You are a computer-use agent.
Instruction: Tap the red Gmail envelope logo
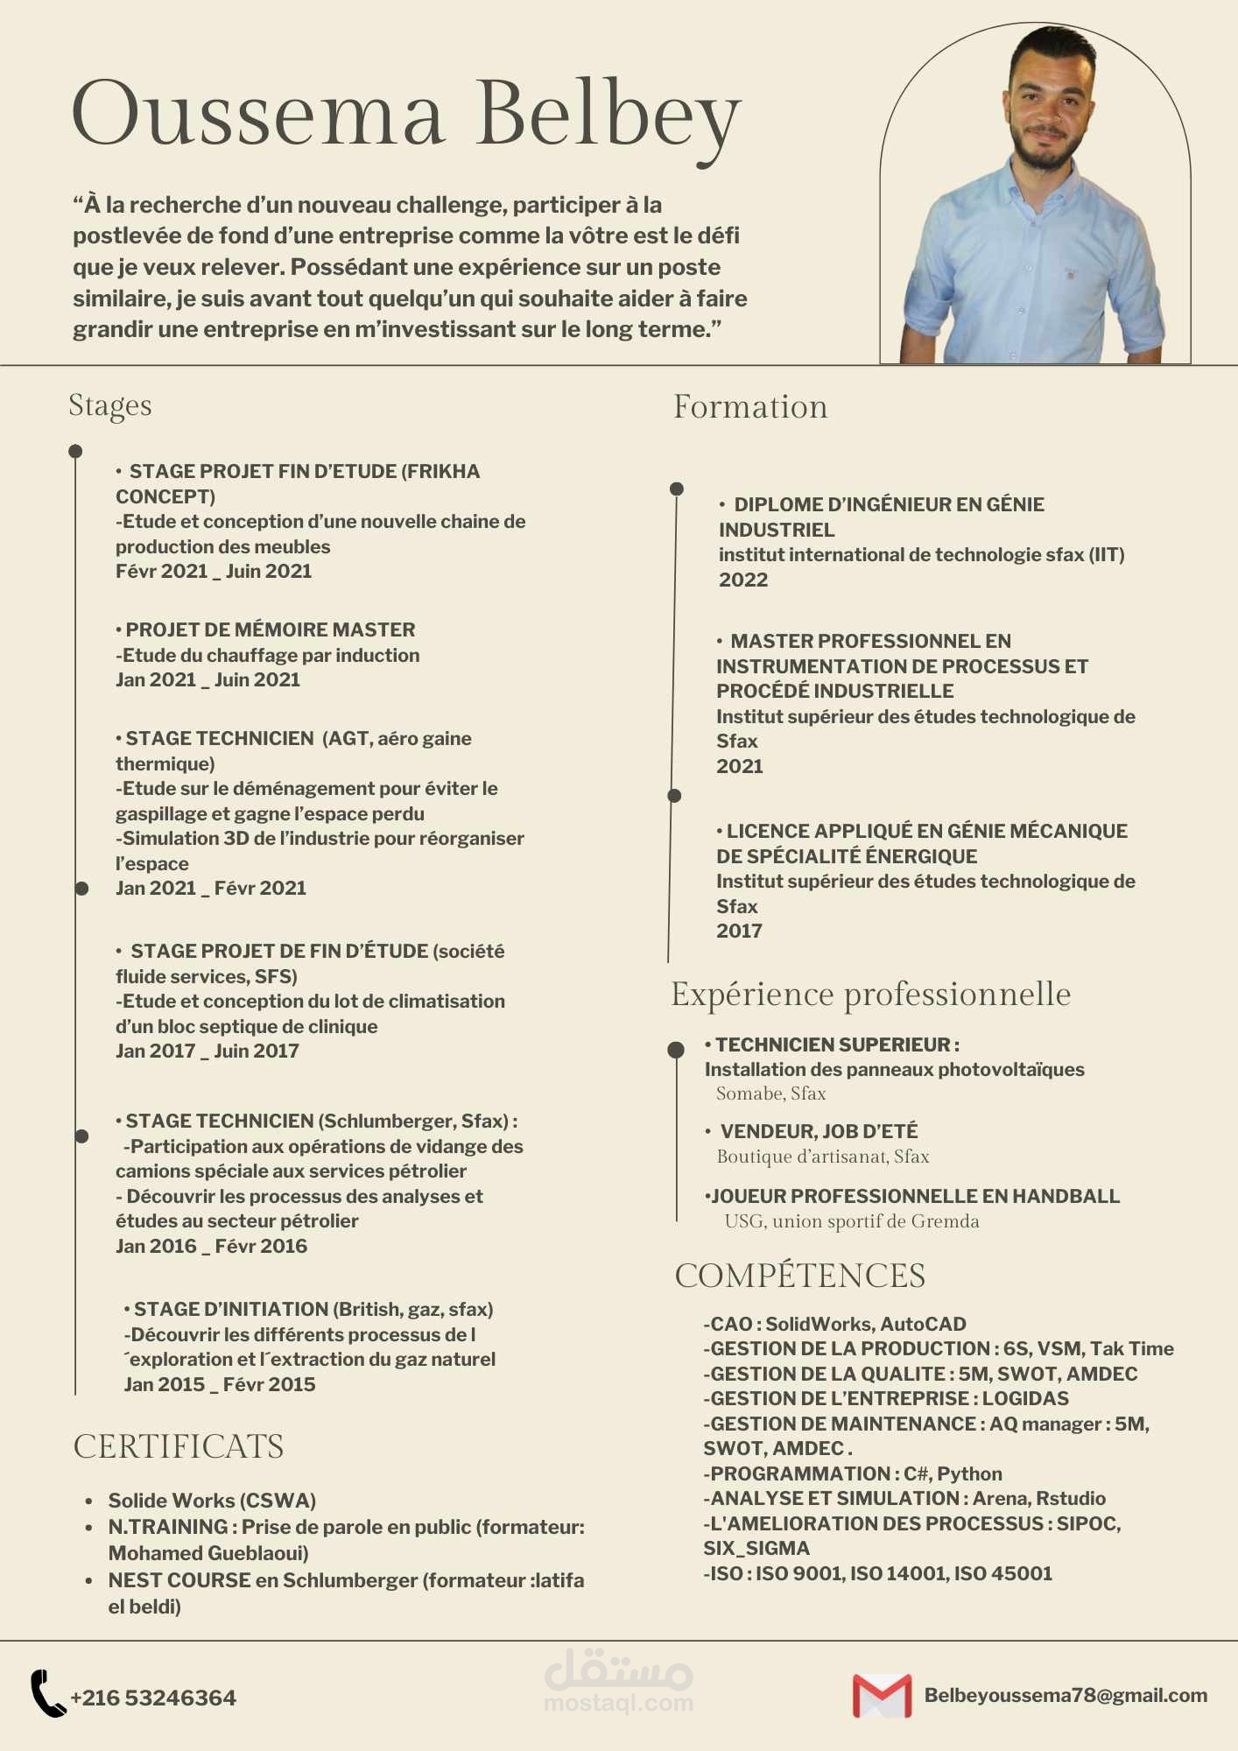[882, 1696]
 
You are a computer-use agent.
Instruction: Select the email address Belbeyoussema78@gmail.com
[1066, 1695]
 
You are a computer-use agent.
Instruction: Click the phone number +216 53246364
[153, 1698]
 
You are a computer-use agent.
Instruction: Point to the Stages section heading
[110, 406]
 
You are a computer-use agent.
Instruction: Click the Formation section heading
[750, 407]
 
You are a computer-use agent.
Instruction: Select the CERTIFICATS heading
[179, 1446]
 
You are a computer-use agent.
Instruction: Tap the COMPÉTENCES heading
[799, 1276]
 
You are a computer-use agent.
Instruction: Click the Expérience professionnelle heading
[871, 995]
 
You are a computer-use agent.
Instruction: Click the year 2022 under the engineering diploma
[743, 580]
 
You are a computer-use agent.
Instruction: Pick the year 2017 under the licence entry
[739, 931]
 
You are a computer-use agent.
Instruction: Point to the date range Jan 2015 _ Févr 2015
[220, 1384]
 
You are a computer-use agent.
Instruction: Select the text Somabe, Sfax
[770, 1093]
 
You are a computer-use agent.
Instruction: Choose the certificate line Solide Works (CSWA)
[212, 1501]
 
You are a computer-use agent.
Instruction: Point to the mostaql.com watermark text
[618, 1703]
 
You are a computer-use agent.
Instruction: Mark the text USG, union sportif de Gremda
[851, 1221]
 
